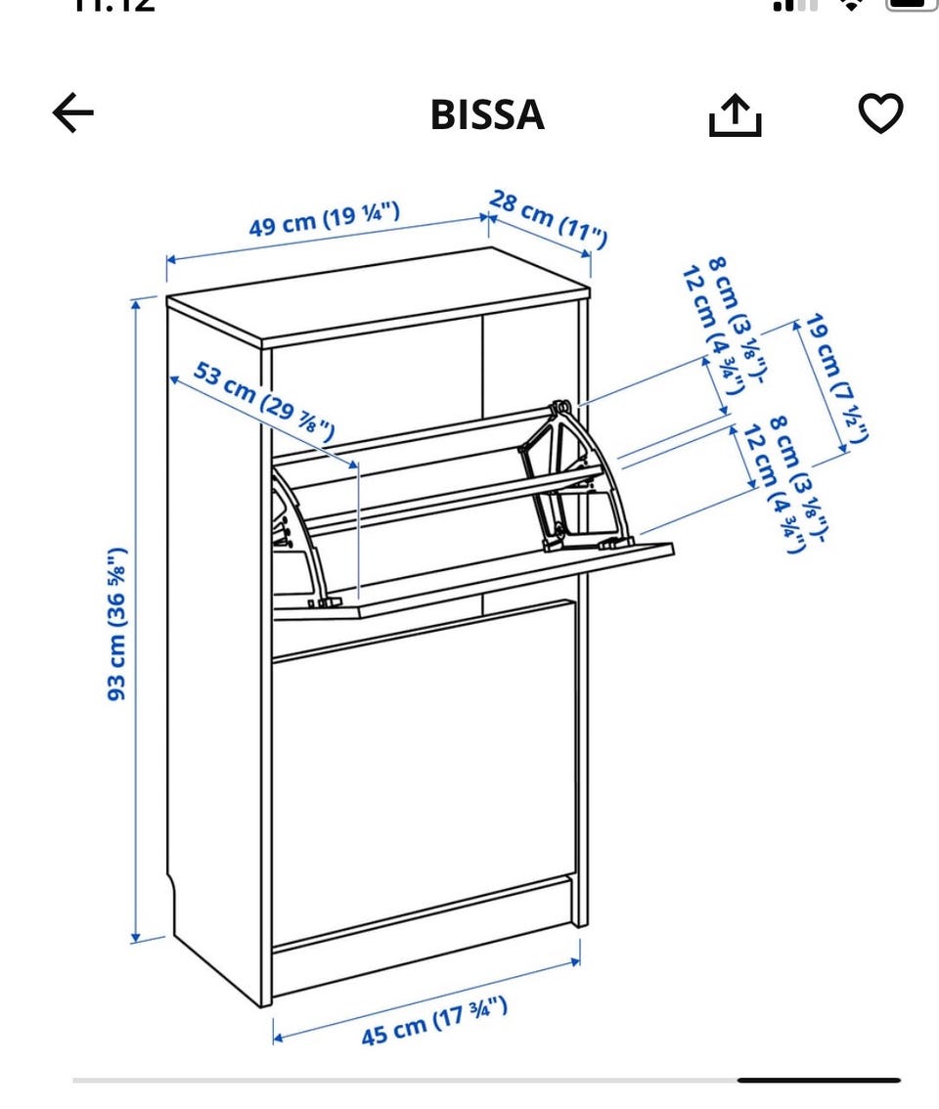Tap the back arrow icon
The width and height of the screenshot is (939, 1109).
tap(73, 113)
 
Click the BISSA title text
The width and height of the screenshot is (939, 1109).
tap(487, 114)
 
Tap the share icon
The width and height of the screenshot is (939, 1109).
tap(735, 116)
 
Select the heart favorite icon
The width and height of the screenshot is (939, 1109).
tap(880, 113)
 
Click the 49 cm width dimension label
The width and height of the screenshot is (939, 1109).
tap(324, 219)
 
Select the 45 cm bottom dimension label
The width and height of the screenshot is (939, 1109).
tap(434, 1021)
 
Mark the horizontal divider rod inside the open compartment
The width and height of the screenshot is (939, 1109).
tap(450, 500)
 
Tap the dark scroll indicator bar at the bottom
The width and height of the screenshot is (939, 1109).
tap(818, 1080)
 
